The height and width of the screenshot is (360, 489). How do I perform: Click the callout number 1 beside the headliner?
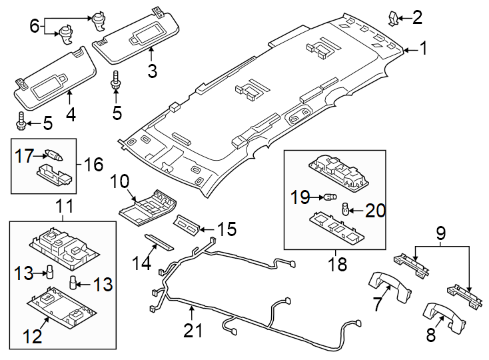(424, 48)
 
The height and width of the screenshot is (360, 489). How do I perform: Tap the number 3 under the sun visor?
(152, 69)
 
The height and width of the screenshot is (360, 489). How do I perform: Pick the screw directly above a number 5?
(117, 81)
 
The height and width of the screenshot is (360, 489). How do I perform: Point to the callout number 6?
(35, 26)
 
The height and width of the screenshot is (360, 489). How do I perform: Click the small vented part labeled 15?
(188, 225)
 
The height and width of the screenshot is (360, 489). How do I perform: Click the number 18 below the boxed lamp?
(338, 264)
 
